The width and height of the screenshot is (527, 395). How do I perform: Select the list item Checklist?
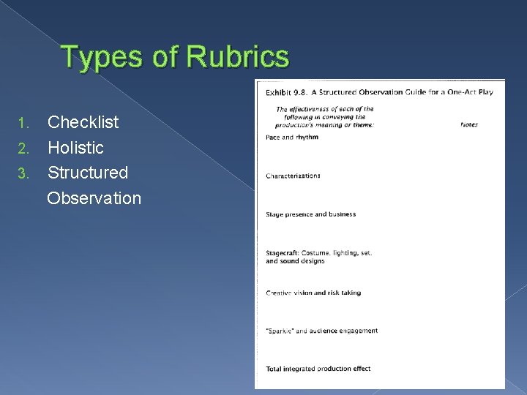click(83, 121)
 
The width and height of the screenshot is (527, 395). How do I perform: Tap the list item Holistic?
click(75, 148)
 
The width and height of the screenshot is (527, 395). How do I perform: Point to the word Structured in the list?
click(88, 173)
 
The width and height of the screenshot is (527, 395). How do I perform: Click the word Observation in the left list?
click(94, 197)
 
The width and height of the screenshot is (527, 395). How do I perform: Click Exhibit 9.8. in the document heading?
click(287, 92)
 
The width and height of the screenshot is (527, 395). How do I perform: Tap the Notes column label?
click(468, 124)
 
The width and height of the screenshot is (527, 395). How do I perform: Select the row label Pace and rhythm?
click(291, 137)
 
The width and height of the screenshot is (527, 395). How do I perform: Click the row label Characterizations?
click(293, 176)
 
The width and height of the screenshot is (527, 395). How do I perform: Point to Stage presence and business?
click(310, 214)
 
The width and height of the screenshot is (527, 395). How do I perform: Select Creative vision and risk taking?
click(313, 293)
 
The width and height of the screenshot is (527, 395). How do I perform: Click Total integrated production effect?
click(318, 369)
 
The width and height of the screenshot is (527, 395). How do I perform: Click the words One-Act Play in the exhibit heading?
click(472, 92)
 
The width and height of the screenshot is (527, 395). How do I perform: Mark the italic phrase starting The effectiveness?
click(324, 117)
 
